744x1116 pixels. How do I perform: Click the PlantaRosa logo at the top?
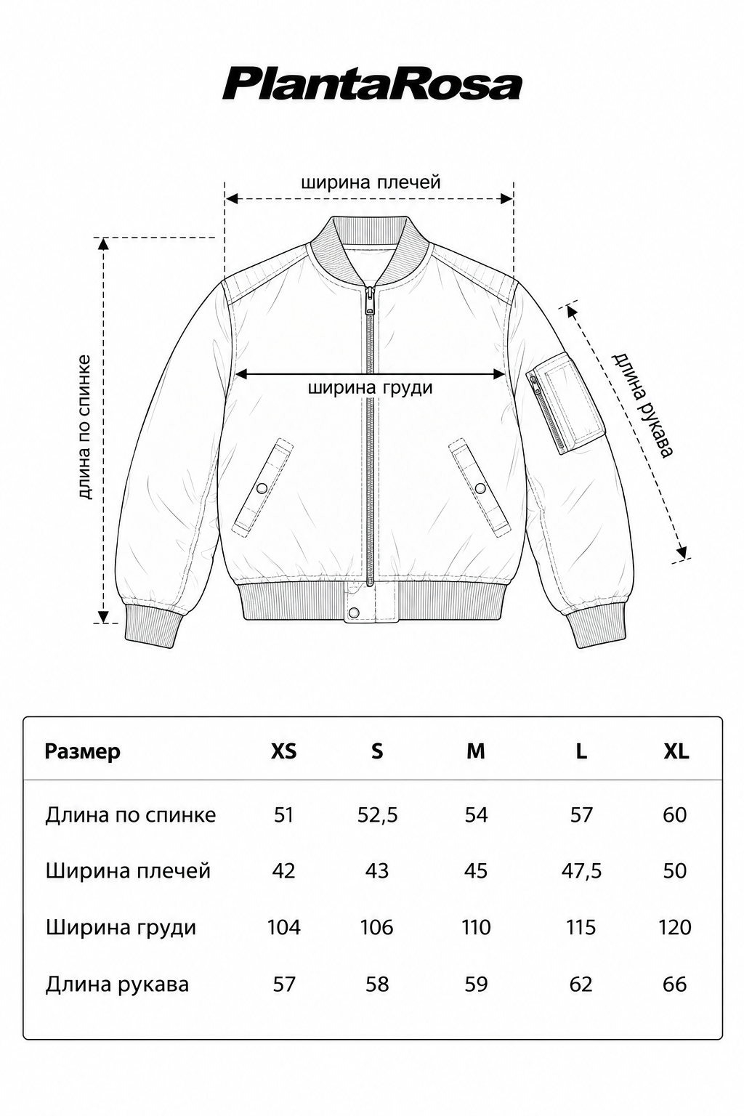pyautogui.click(x=372, y=85)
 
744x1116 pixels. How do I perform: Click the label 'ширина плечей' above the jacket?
pyautogui.click(x=371, y=182)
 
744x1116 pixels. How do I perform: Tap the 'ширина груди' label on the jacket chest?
pyautogui.click(x=370, y=388)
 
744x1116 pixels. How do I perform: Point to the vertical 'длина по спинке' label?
pyautogui.click(x=85, y=427)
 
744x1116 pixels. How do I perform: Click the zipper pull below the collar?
pyautogui.click(x=369, y=300)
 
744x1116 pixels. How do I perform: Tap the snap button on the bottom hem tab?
pyautogui.click(x=355, y=612)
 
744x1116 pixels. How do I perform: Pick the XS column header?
pyautogui.click(x=283, y=751)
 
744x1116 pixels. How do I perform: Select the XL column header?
pyautogui.click(x=676, y=751)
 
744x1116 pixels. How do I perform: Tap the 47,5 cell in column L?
pyautogui.click(x=581, y=871)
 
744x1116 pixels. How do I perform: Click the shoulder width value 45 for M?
pyautogui.click(x=476, y=871)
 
